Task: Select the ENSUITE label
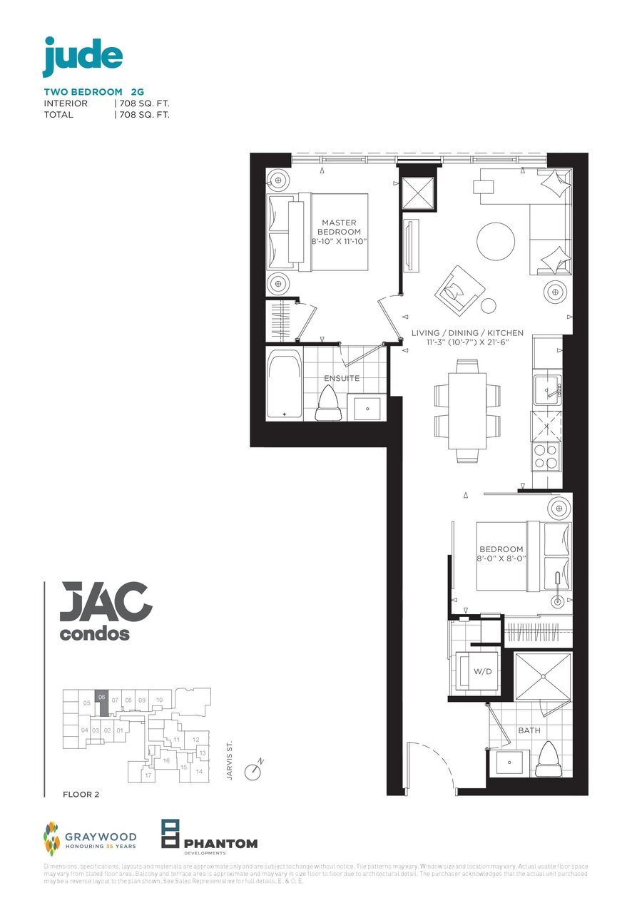point(342,378)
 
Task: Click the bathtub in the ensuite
point(284,384)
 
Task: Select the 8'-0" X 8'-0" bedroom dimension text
point(501,558)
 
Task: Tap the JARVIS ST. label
point(230,762)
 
